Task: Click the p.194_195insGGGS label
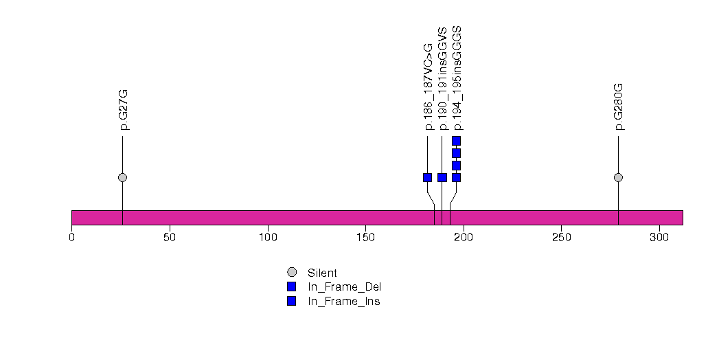click(x=457, y=78)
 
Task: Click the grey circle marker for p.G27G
click(x=122, y=177)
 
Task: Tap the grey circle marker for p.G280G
click(x=618, y=177)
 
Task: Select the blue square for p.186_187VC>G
click(x=427, y=177)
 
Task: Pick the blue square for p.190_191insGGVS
click(x=442, y=177)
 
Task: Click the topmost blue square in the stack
click(x=456, y=141)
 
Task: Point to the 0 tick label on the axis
click(x=71, y=238)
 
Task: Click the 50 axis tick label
click(x=170, y=238)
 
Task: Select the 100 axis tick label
click(x=268, y=238)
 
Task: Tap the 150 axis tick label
click(x=365, y=238)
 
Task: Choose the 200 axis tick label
click(x=464, y=238)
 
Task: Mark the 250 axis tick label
click(x=561, y=238)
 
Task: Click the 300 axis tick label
click(x=659, y=238)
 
